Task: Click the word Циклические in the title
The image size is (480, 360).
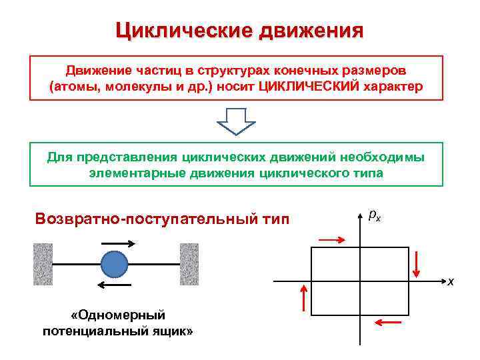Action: [184, 31]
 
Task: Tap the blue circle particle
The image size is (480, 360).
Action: [113, 265]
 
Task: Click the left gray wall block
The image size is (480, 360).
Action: [43, 264]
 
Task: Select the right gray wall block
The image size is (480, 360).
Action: [189, 264]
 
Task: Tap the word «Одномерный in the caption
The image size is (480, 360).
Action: [117, 315]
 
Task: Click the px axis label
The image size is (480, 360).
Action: [374, 216]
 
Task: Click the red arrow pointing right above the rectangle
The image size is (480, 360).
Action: [332, 237]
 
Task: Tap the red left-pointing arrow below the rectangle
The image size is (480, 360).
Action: [389, 323]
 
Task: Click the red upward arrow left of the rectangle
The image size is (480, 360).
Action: [305, 297]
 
